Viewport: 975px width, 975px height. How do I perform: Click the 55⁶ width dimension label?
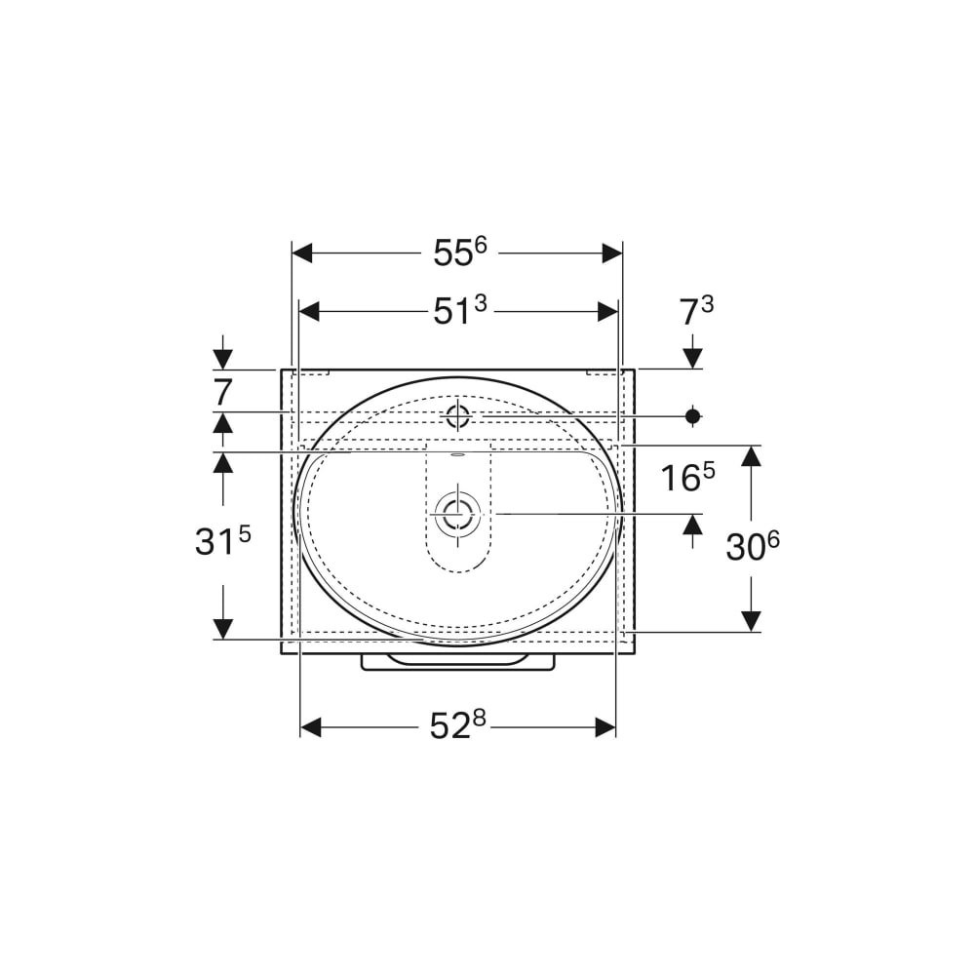point(460,253)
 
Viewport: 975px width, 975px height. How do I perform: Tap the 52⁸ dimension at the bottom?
point(457,725)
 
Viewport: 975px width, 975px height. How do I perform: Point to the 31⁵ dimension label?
point(222,541)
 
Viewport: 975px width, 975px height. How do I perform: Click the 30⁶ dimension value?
point(753,547)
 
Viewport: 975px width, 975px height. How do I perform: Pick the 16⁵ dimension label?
point(687,478)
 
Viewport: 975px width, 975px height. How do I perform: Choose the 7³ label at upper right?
point(697,311)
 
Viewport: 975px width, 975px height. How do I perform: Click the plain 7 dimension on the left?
point(222,392)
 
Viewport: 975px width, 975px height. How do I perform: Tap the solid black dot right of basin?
point(692,416)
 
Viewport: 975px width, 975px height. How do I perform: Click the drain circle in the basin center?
point(457,514)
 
